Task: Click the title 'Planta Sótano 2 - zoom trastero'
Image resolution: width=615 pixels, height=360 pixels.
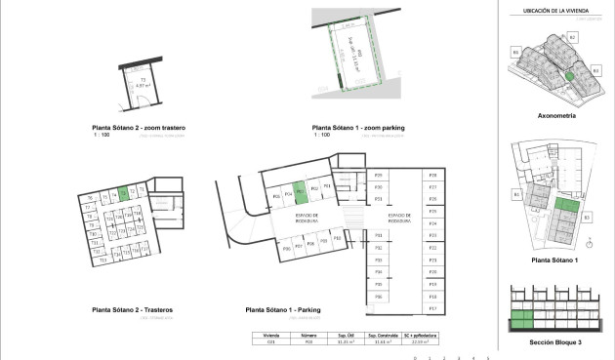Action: coord(139,128)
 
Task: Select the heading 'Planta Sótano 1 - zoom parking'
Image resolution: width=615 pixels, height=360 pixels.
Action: coord(352,128)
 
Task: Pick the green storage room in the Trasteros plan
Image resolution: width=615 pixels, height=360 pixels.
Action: coord(123,193)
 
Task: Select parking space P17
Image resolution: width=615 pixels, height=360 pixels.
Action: coord(431,307)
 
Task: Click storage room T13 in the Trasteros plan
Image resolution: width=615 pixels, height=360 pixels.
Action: coord(101,260)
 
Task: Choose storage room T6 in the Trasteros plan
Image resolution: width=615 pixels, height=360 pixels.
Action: coord(89,198)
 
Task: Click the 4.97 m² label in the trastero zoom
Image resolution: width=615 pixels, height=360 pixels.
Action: coord(143,86)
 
